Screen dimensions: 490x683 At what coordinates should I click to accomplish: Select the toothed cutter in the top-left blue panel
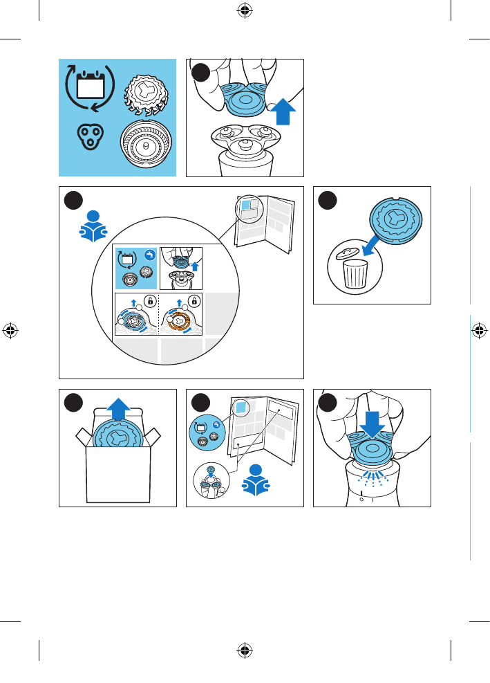pyautogui.click(x=146, y=93)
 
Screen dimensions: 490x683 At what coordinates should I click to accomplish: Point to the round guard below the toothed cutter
pyautogui.click(x=146, y=145)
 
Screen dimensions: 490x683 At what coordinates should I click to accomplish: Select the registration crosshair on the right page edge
pyautogui.click(x=479, y=330)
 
